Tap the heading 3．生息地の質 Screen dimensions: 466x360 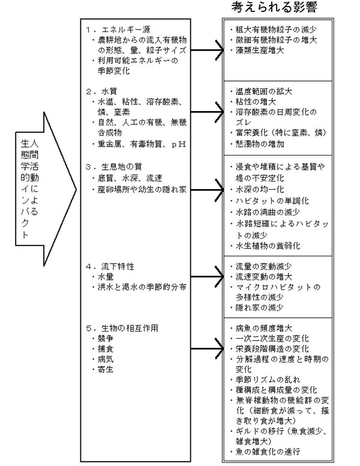click(116, 167)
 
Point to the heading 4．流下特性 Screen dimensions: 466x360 click(112, 265)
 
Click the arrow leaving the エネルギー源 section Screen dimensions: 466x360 click(207, 52)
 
